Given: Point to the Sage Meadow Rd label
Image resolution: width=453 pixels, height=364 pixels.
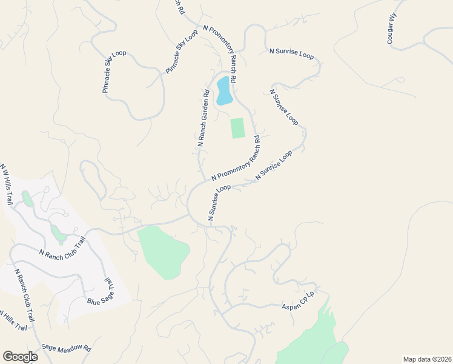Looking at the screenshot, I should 66,348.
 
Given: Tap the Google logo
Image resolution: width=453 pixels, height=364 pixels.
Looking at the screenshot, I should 20,357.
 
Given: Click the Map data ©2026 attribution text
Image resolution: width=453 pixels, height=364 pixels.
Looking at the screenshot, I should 427,359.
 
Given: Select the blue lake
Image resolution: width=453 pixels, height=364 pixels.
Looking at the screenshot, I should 223,90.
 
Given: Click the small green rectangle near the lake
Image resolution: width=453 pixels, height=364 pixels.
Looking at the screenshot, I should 237,128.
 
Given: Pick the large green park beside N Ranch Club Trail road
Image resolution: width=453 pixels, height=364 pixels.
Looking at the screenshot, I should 164,251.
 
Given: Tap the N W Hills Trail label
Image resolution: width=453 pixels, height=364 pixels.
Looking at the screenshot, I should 7,184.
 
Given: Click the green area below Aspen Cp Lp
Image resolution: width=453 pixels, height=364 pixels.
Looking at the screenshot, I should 312,340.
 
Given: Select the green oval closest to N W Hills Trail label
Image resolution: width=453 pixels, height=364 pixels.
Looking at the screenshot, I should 27,198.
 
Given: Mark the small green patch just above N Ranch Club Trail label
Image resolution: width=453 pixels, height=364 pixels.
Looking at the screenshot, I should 58,232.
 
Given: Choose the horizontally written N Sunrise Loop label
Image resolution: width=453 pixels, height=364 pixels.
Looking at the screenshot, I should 291,54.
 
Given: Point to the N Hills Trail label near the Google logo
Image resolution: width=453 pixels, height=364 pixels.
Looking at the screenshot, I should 13,320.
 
